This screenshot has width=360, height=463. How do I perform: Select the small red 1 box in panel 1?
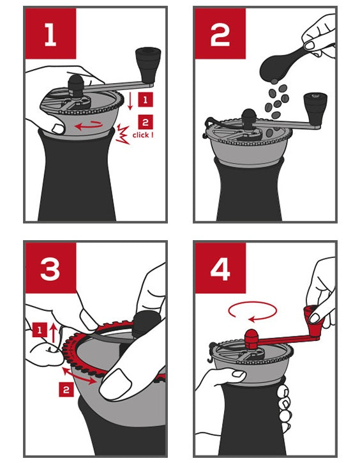pos(146,100)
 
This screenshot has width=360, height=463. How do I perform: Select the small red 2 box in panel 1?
pos(146,122)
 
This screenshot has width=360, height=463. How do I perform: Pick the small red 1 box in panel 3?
pos(39,330)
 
